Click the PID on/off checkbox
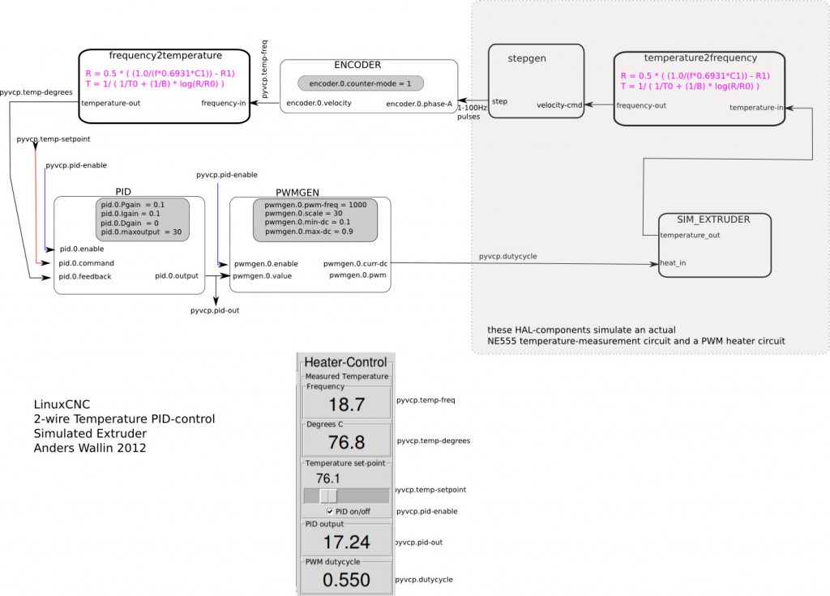pyautogui.click(x=330, y=512)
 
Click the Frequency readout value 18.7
pyautogui.click(x=347, y=405)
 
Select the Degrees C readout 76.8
pyautogui.click(x=347, y=442)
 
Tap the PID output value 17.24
pyautogui.click(x=347, y=542)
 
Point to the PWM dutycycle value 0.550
pyautogui.click(x=347, y=580)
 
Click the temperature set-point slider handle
pyautogui.click(x=328, y=496)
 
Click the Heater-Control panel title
pyautogui.click(x=345, y=362)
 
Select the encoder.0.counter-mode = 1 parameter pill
pyautogui.click(x=361, y=83)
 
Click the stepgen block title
pyautogui.click(x=527, y=58)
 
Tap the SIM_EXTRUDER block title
pyautogui.click(x=713, y=219)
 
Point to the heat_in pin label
pyautogui.click(x=673, y=263)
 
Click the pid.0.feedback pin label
pyautogui.click(x=85, y=277)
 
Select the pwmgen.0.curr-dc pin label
pyautogui.click(x=355, y=264)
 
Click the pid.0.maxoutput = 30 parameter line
pyautogui.click(x=141, y=232)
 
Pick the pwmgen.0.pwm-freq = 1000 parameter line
pyautogui.click(x=315, y=205)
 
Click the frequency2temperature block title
pyautogui.click(x=165, y=56)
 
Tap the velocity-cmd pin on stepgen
pyautogui.click(x=559, y=105)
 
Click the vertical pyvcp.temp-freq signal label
pyautogui.click(x=265, y=69)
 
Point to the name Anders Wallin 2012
pyautogui.click(x=90, y=448)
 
